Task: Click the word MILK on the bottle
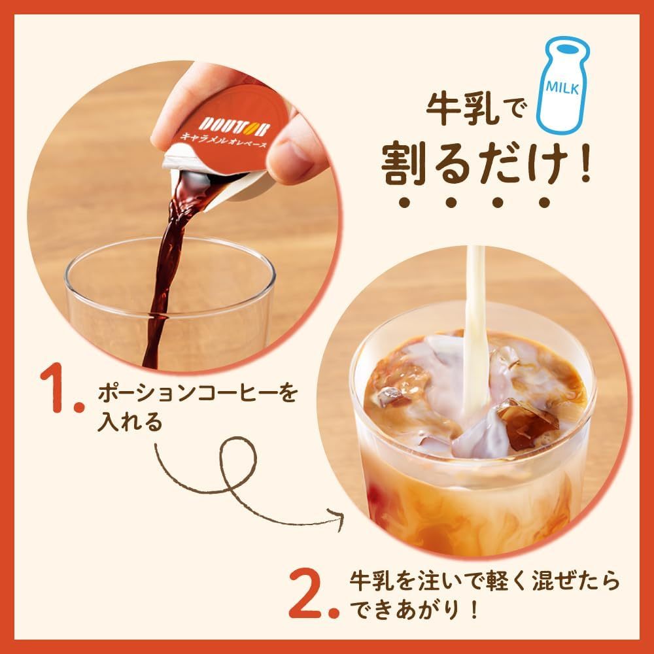pyautogui.click(x=562, y=87)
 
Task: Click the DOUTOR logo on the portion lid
pyautogui.click(x=234, y=126)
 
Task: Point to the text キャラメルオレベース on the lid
pyautogui.click(x=223, y=139)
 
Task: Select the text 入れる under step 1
pyautogui.click(x=129, y=422)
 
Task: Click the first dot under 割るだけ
pyautogui.click(x=404, y=202)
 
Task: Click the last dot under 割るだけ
pyautogui.click(x=544, y=202)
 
